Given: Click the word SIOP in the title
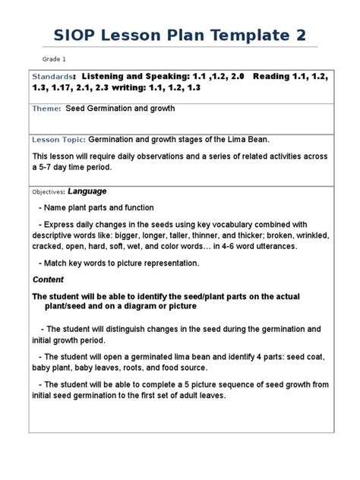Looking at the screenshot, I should click(x=78, y=36).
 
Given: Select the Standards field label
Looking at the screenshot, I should click(x=52, y=77).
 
